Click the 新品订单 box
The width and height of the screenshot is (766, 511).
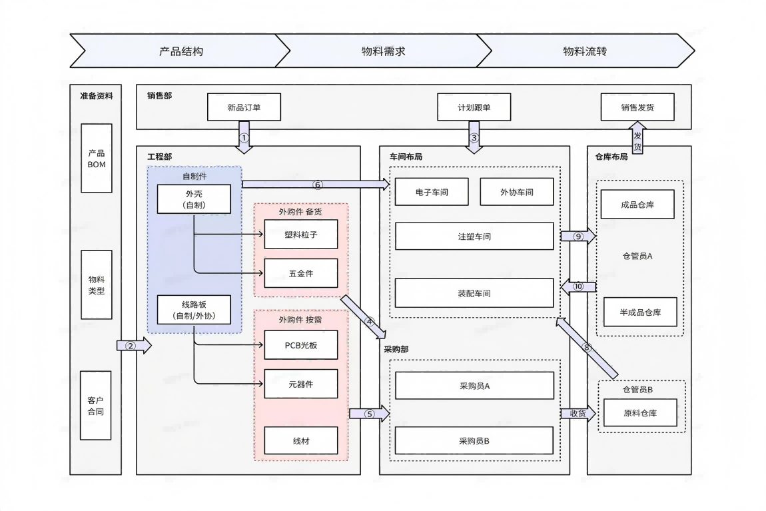click(x=244, y=107)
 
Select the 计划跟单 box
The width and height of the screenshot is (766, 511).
click(x=474, y=107)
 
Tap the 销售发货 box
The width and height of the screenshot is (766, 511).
click(x=637, y=107)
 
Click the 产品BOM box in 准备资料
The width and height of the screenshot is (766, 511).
click(x=97, y=158)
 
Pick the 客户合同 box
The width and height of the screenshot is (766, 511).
click(x=97, y=406)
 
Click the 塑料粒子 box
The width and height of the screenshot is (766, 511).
click(x=300, y=234)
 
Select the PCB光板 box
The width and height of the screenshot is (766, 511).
click(x=300, y=345)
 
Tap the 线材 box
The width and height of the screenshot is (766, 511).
click(x=300, y=440)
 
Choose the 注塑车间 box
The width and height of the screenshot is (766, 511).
click(x=474, y=236)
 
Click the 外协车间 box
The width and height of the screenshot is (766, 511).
click(x=517, y=192)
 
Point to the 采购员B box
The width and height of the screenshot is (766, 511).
click(x=474, y=440)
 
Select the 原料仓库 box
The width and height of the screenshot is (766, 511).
click(x=640, y=413)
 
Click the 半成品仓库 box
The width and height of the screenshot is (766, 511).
click(x=640, y=312)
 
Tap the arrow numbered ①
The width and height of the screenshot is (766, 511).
click(x=244, y=137)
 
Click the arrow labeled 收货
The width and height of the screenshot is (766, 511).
click(x=577, y=413)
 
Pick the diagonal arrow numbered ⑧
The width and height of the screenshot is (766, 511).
click(x=587, y=347)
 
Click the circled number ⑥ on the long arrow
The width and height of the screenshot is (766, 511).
click(x=317, y=184)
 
